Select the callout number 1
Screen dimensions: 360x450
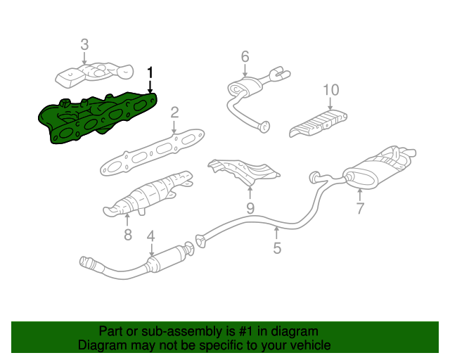click(149, 72)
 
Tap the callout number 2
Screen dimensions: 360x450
click(174, 112)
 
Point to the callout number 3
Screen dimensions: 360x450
click(84, 44)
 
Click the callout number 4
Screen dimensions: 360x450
click(150, 237)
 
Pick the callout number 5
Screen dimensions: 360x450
click(277, 247)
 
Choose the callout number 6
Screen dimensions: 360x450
click(245, 56)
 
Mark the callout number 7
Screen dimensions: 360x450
click(360, 208)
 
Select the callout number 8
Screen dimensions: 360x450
click(127, 235)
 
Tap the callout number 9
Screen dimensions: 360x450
click(250, 207)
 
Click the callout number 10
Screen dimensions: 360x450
click(330, 90)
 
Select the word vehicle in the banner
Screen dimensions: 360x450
click(307, 345)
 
